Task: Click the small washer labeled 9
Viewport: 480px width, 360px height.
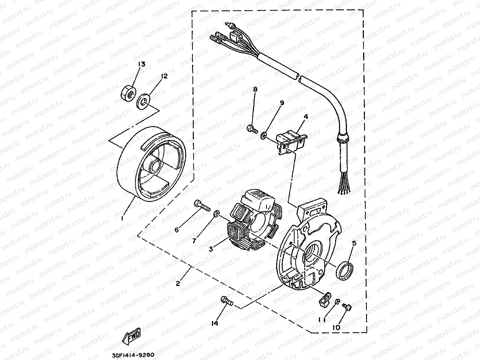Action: click(264, 136)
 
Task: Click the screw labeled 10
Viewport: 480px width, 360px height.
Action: click(346, 305)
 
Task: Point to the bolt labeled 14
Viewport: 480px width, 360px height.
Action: click(226, 301)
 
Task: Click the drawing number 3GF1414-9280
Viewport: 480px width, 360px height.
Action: click(133, 355)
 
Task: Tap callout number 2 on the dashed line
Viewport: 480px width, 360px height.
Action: click(178, 283)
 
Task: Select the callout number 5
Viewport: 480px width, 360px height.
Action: click(354, 243)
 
